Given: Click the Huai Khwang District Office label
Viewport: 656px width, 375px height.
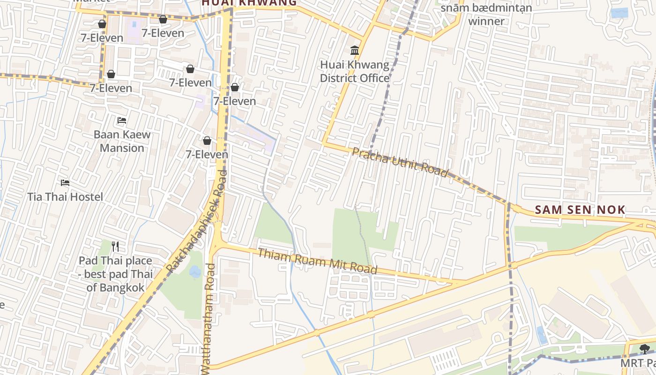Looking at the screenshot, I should click(355, 71).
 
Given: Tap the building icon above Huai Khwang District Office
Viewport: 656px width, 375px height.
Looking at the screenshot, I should click(355, 50).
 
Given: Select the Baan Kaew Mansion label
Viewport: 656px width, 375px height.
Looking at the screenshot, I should click(122, 141).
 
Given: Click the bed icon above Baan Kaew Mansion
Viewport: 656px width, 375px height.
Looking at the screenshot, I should click(122, 120).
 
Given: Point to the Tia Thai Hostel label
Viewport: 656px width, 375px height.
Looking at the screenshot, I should click(65, 197).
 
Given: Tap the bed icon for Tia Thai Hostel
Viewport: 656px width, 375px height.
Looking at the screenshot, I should click(65, 182).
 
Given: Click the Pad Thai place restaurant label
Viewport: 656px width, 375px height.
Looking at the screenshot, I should click(115, 274).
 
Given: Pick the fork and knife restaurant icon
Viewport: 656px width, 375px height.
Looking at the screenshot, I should click(115, 246).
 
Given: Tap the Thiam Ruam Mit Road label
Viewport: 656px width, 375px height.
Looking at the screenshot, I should click(317, 261).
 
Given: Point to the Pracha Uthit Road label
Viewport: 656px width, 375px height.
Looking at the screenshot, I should click(400, 162).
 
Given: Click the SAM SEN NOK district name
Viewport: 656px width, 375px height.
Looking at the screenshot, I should click(580, 210).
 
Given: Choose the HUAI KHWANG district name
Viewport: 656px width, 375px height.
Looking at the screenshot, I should click(249, 3).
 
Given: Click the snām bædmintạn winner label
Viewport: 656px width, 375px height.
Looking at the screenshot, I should click(486, 15).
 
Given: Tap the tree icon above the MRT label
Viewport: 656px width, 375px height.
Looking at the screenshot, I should click(645, 349).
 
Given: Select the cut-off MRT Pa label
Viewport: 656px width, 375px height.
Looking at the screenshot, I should click(638, 363).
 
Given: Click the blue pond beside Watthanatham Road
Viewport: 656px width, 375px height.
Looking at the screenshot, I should click(195, 271).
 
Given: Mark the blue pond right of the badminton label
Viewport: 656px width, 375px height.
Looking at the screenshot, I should click(619, 13).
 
